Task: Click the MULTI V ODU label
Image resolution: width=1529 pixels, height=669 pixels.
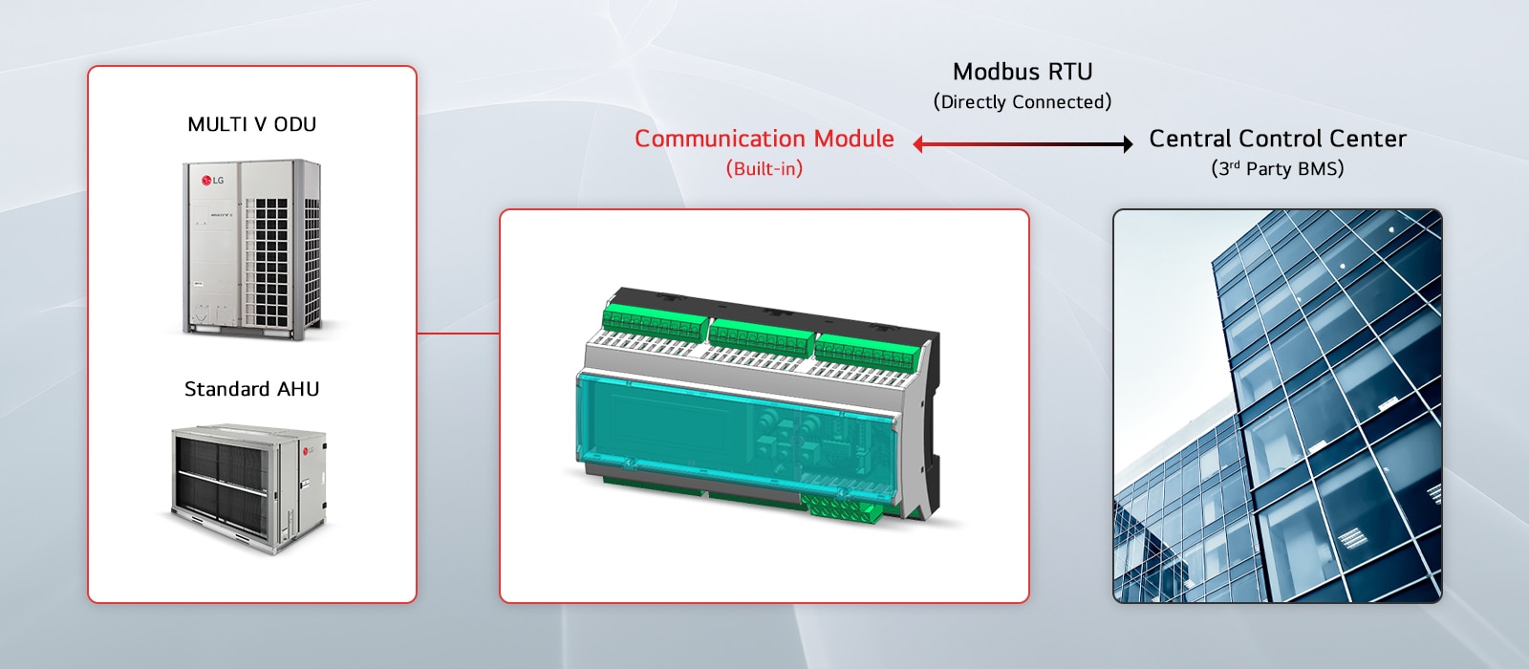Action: pyautogui.click(x=251, y=124)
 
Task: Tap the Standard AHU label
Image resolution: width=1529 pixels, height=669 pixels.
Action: pyautogui.click(x=251, y=389)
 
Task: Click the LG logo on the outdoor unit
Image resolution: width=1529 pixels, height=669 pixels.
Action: pyautogui.click(x=212, y=180)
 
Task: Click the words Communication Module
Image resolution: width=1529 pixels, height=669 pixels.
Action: pyautogui.click(x=764, y=139)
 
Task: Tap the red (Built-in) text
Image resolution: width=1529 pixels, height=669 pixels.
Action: pyautogui.click(x=764, y=168)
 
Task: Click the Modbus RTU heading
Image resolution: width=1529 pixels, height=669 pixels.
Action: pyautogui.click(x=1022, y=72)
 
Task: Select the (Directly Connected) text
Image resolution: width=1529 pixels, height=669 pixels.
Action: pyautogui.click(x=1022, y=101)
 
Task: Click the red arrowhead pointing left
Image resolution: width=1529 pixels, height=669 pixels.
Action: pyautogui.click(x=918, y=144)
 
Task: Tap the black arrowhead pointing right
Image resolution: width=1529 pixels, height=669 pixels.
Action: pyautogui.click(x=1128, y=144)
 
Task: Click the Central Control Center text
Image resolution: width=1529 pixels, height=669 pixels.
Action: pyautogui.click(x=1277, y=139)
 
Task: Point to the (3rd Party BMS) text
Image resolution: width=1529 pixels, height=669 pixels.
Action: pyautogui.click(x=1277, y=168)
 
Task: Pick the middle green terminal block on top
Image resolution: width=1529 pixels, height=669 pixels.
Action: pyautogui.click(x=761, y=334)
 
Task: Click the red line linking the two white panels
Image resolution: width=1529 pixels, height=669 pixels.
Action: pyautogui.click(x=458, y=334)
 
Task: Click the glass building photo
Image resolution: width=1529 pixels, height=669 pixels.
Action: pyautogui.click(x=1277, y=406)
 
